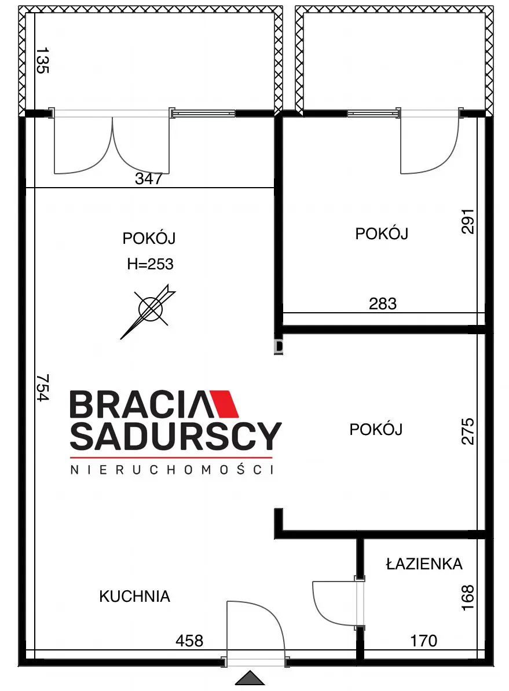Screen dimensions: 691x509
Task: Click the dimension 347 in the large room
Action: point(148,179)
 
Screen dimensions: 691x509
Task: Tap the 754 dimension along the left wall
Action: point(43,387)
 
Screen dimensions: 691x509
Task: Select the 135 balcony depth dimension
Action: point(43,61)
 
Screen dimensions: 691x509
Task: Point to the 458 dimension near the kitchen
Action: point(189,641)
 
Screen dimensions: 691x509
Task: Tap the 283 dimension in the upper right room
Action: point(383,303)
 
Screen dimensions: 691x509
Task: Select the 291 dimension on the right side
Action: point(467,221)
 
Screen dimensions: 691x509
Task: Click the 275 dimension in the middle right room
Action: point(467,431)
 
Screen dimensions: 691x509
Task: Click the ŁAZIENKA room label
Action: point(424,564)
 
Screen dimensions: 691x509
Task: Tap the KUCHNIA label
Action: point(134,596)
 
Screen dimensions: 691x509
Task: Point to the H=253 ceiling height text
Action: point(150,264)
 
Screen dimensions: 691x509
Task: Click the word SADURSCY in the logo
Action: point(175,436)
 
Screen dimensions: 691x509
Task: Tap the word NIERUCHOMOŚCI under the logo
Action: point(171,470)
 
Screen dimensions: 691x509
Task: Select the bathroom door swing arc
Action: point(333,602)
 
